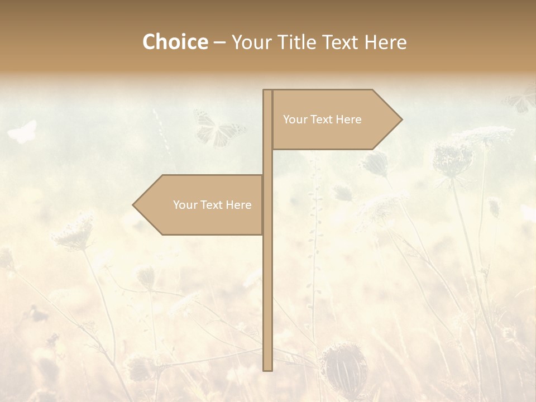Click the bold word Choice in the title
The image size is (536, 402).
click(175, 42)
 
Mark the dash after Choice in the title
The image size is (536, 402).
click(219, 43)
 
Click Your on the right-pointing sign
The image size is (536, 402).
click(295, 119)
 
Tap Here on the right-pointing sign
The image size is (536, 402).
click(349, 119)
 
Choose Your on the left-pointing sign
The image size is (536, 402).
click(185, 205)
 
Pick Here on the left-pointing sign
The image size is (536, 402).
click(239, 205)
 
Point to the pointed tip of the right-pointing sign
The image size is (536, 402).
click(401, 119)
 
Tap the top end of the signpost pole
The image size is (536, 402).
click(267, 91)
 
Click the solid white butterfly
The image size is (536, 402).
click(22, 132)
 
